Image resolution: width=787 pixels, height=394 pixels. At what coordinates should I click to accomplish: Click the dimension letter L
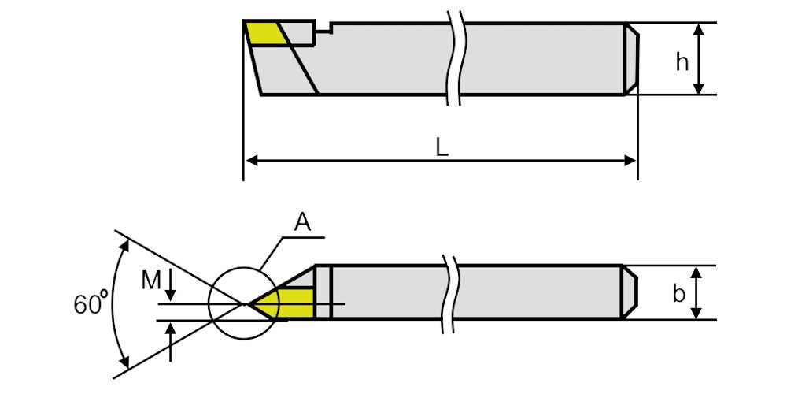click(442, 147)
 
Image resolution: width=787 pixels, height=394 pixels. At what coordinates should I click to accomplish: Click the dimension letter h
click(682, 62)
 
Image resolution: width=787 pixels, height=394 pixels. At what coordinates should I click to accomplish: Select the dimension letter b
click(679, 293)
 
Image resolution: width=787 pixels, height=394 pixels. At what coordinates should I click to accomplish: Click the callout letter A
click(303, 222)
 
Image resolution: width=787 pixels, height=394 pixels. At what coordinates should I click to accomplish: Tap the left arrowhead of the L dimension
click(250, 160)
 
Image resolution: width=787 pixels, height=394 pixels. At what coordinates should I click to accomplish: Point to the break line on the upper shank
click(453, 59)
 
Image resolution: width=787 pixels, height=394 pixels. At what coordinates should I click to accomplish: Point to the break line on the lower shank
click(453, 292)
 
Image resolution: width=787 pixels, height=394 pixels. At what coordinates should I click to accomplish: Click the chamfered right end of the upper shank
click(631, 59)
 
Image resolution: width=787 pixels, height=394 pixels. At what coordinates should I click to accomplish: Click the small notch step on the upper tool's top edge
click(322, 30)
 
